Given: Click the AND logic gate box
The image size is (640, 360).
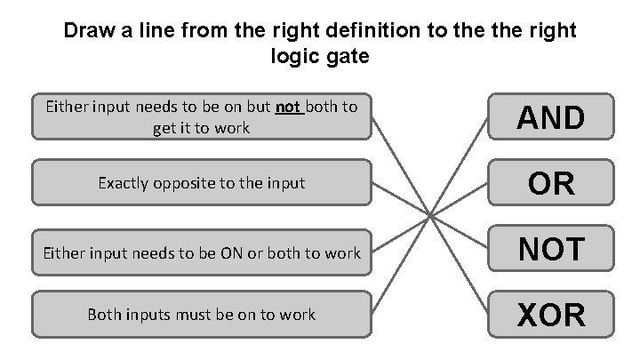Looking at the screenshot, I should (x=551, y=117).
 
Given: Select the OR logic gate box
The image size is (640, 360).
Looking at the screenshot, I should (x=551, y=183).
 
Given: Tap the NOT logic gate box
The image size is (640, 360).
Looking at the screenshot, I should (x=551, y=249).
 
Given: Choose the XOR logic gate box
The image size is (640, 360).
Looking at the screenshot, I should (x=551, y=315).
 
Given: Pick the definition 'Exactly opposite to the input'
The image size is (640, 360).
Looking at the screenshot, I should (x=201, y=183).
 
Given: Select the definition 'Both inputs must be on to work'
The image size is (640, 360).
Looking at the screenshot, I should (x=201, y=315).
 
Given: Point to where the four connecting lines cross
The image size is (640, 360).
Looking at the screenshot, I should (x=431, y=215).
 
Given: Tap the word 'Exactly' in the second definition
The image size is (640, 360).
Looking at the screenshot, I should (x=125, y=183).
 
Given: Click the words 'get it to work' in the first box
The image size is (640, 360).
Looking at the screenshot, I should (x=201, y=127).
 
